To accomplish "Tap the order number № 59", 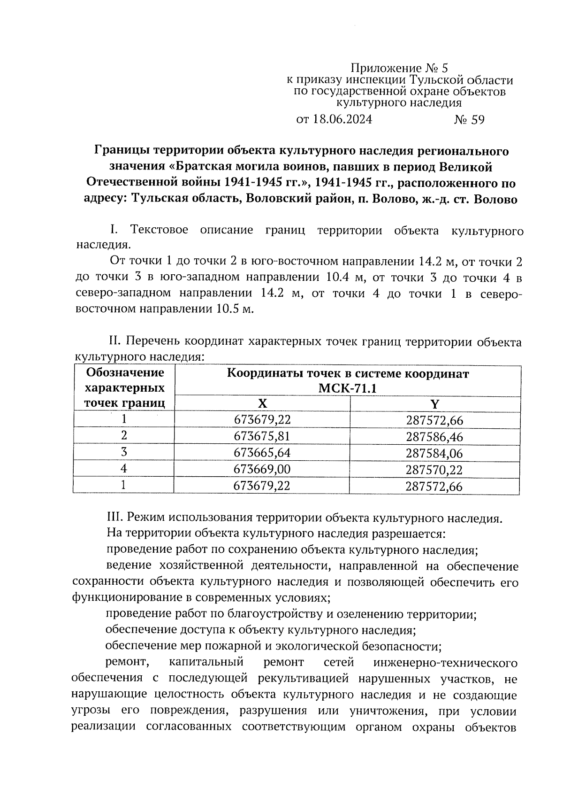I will (x=469, y=120).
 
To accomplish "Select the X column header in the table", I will (x=262, y=404).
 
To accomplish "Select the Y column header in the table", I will (x=434, y=404).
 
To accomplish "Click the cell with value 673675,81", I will (x=262, y=436).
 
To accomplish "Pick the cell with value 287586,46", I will (x=434, y=437).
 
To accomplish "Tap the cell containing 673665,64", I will (x=262, y=453).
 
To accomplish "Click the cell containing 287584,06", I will (x=434, y=453).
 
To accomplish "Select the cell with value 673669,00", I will (x=262, y=469).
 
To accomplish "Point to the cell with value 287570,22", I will (x=434, y=470).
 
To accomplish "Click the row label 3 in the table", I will (x=124, y=452).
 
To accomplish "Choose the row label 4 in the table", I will (x=124, y=469).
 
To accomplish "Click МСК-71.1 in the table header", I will (x=347, y=388).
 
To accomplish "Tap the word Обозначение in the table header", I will (x=125, y=373).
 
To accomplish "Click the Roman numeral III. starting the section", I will (x=114, y=518).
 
